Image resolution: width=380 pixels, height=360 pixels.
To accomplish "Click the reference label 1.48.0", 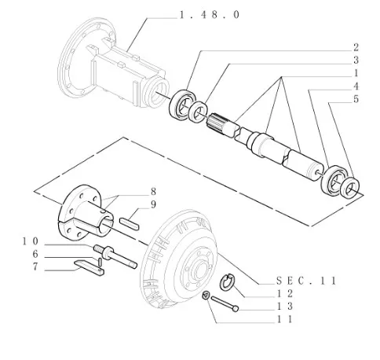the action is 210,15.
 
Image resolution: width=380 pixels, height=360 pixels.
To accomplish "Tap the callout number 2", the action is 356,47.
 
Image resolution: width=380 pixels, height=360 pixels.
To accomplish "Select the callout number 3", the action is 356,61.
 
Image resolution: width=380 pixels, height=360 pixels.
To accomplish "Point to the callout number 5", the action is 356,99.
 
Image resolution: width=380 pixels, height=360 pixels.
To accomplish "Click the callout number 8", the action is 153,192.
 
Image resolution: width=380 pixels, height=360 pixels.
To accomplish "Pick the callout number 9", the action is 153,204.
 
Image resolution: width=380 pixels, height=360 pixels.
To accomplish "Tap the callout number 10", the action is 31,241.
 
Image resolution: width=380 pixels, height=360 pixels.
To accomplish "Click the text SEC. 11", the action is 306,281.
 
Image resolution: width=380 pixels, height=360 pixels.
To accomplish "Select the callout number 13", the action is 285,306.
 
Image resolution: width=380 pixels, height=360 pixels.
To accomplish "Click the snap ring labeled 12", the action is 227,282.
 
